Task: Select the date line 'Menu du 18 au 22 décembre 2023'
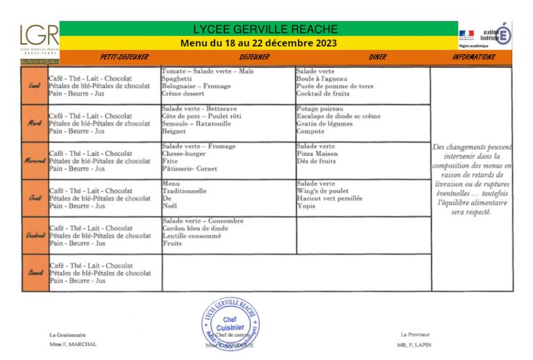click(x=258, y=43)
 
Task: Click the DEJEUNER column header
click(x=254, y=58)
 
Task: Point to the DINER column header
click(x=378, y=58)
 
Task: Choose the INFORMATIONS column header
click(x=473, y=58)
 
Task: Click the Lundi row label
click(x=34, y=86)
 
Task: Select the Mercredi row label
click(x=34, y=161)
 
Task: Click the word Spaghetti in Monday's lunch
click(x=176, y=79)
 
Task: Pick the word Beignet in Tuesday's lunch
click(x=174, y=132)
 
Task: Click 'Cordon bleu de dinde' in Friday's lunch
click(x=195, y=229)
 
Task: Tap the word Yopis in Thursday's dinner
click(x=306, y=206)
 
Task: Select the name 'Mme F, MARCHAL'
click(x=73, y=345)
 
